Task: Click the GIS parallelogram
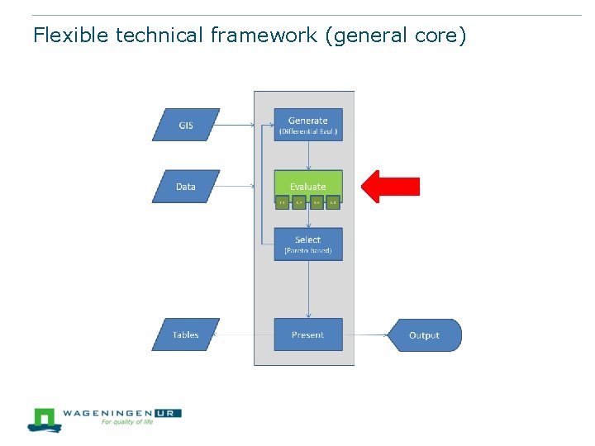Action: tap(186, 125)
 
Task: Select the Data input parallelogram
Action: tap(186, 187)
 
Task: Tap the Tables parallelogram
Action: tap(186, 334)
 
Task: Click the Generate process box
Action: tap(307, 125)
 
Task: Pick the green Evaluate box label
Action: tap(307, 186)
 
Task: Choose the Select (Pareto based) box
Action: tap(307, 244)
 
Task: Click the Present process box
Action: tap(307, 334)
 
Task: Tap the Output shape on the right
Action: tap(425, 335)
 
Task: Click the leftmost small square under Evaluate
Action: tap(282, 202)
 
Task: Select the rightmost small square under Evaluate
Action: tap(333, 202)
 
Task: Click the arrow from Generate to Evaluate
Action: tap(308, 155)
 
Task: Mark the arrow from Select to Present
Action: tap(308, 289)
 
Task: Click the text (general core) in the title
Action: tap(397, 36)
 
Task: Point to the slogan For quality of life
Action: tap(127, 422)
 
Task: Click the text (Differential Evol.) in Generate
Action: tap(307, 132)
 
